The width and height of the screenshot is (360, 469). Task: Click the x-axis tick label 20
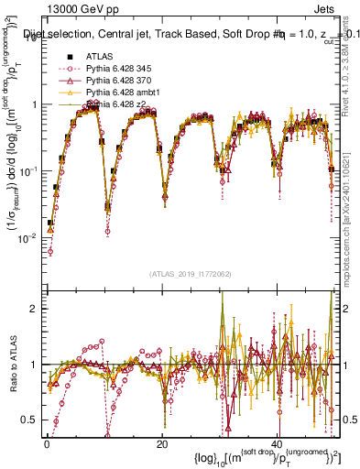coord(162,443)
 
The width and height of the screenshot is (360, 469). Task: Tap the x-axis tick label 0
coord(47,443)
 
